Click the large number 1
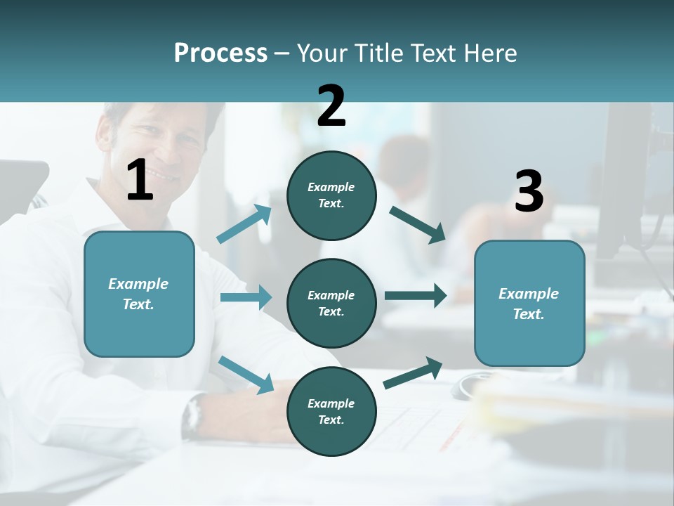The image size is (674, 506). click(140, 181)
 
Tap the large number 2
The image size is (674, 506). click(331, 106)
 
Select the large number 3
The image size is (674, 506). click(529, 192)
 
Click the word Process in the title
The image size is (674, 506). click(220, 53)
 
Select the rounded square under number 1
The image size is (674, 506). click(139, 294)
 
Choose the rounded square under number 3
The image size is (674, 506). click(529, 304)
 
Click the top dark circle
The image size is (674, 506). click(331, 195)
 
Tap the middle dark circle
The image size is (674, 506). click(331, 303)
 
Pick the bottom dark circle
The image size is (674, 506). click(331, 411)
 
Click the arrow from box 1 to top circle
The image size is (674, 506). click(244, 224)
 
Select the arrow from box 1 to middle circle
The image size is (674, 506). click(246, 297)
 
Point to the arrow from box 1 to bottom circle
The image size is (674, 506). click(246, 374)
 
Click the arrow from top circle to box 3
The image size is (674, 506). click(418, 224)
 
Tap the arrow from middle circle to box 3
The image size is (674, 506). click(416, 295)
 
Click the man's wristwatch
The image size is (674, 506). click(192, 415)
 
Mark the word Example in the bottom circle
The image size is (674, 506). click(331, 403)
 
